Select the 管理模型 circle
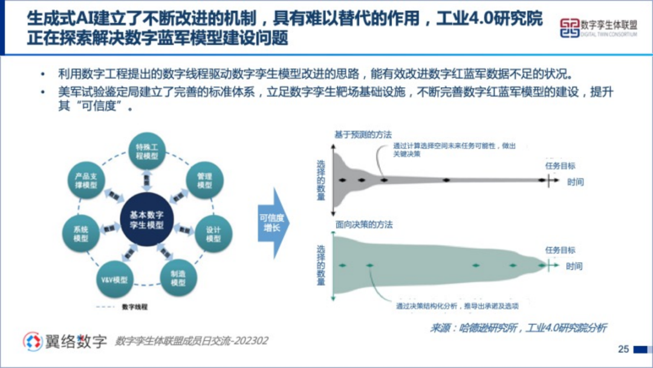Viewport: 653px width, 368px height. (204, 180)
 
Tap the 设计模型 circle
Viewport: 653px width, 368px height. (213, 234)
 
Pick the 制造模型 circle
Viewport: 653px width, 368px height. (178, 277)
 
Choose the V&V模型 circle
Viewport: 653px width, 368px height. (114, 280)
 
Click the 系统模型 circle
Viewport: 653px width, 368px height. (81, 234)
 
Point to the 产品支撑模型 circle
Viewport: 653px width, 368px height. (86, 180)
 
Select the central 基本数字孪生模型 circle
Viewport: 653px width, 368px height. (147, 219)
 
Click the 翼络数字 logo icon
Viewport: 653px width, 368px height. (33, 341)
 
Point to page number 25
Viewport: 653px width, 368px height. (623, 349)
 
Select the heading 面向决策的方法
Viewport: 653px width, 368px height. (364, 225)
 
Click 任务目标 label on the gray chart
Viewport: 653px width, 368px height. (560, 166)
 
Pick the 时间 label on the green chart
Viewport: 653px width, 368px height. (575, 266)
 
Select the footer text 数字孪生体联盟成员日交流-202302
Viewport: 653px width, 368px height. (192, 341)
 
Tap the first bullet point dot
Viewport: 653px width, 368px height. (42, 74)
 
